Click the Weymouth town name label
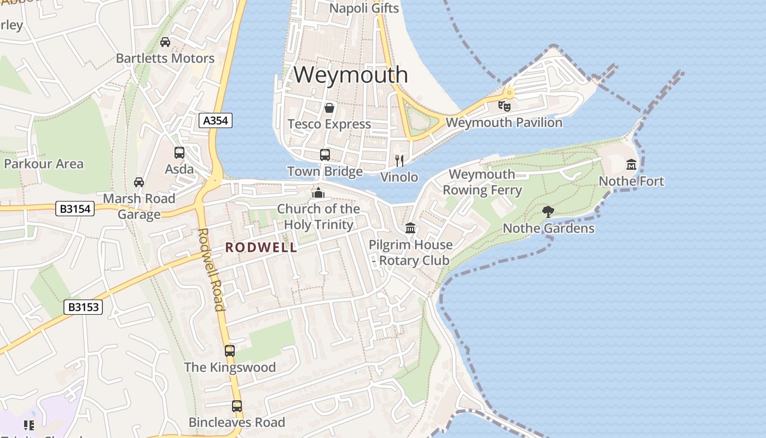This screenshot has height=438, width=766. tap(351, 74)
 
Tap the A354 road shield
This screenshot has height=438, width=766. tap(216, 120)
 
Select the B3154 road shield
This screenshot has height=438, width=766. tap(75, 209)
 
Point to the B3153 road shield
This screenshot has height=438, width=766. tap(84, 307)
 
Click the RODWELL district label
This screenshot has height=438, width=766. tap(262, 247)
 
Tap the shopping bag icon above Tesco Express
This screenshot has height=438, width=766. tap(329, 108)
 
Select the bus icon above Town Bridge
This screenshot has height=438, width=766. tap(325, 155)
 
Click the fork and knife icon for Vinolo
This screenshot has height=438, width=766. tap(399, 160)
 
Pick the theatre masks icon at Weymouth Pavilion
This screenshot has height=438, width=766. tap(504, 106)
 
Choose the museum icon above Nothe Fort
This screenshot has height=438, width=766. tap(631, 164)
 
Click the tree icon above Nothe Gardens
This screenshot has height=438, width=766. tap(548, 212)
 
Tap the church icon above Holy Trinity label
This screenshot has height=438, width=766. tap(318, 193)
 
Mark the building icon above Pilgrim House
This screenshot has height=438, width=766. tap(410, 228)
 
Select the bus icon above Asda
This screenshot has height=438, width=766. tap(179, 153)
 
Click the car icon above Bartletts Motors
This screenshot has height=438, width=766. tap(165, 42)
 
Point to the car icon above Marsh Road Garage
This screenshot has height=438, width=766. tap(139, 182)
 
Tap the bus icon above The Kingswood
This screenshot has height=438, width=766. tap(230, 350)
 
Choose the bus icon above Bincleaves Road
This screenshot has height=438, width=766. tap(237, 406)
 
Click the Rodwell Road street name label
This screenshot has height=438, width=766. tap(211, 269)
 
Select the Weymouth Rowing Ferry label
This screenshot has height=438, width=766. tap(482, 182)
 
